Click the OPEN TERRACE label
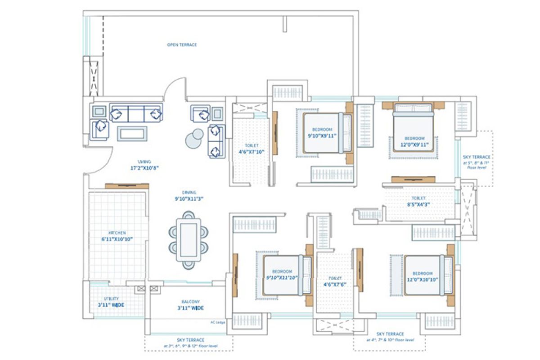(182, 45)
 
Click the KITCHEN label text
(117, 233)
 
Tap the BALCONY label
(191, 302)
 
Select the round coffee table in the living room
(194, 138)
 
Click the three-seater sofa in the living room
(136, 113)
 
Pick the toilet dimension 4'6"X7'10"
(251, 152)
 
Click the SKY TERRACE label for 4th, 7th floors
(391, 334)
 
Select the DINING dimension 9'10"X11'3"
(189, 198)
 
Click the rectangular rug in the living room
(132, 133)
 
